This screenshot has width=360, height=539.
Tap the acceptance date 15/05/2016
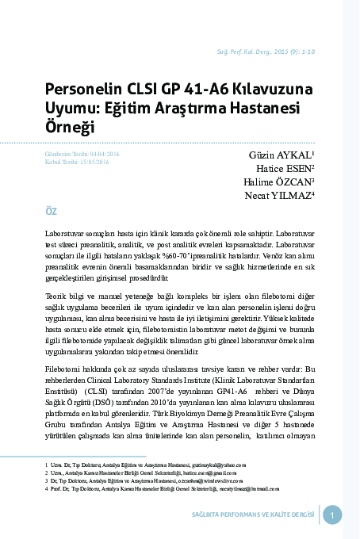pos(93,161)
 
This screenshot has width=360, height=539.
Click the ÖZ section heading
pos(52,212)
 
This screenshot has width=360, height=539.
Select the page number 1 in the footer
pos(332,515)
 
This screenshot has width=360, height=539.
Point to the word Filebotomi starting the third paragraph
pos(63,369)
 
